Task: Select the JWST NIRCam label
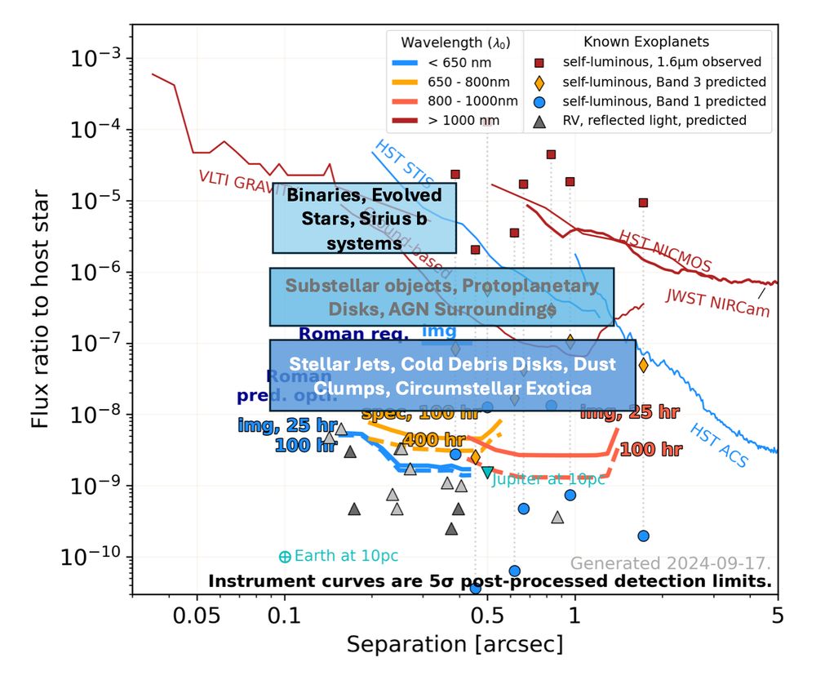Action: pos(718,303)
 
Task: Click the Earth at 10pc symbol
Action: pos(285,557)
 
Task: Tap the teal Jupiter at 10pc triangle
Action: pos(487,472)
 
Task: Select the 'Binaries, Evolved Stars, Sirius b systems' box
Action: pos(364,218)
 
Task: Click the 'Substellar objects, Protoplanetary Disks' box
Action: pos(441,297)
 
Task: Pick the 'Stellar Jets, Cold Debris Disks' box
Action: pos(452,375)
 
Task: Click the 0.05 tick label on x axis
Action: pos(197,615)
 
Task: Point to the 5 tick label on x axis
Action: pos(777,615)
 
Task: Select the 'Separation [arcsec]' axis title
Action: pos(455,645)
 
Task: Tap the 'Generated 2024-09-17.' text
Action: pos(670,563)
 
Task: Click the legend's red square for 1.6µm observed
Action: pos(539,62)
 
